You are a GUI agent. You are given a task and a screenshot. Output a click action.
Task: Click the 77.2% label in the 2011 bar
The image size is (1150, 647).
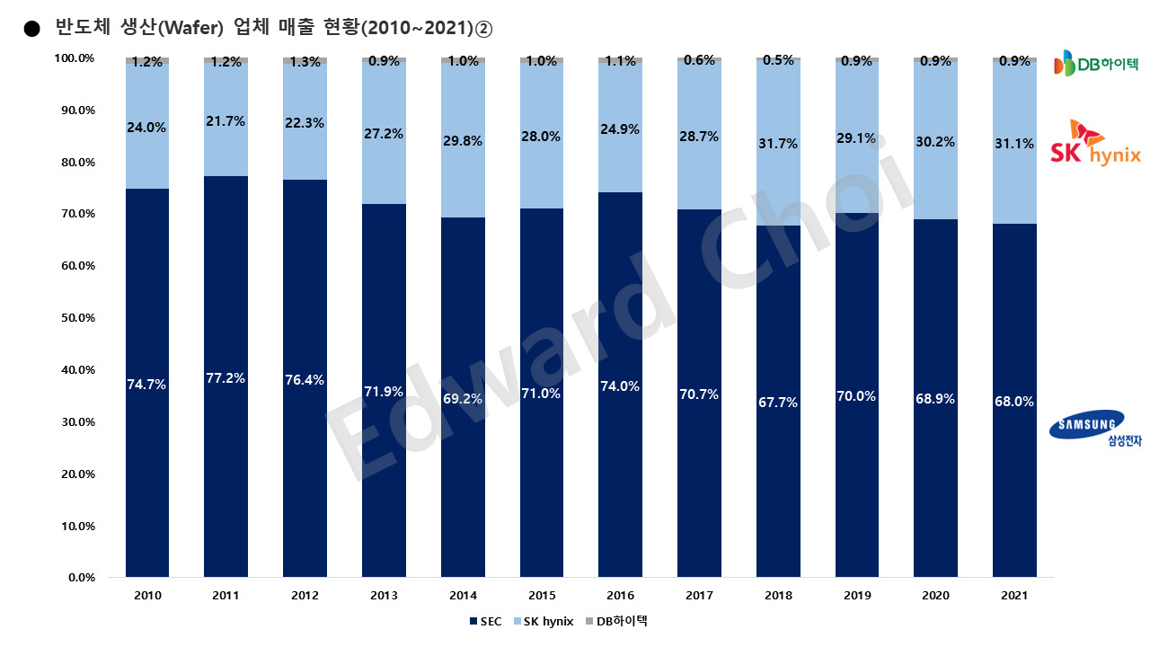tap(226, 378)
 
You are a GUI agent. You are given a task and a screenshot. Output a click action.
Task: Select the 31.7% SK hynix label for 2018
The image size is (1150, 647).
tap(777, 144)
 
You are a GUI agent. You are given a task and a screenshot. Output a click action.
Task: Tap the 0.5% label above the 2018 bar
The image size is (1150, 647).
tap(777, 60)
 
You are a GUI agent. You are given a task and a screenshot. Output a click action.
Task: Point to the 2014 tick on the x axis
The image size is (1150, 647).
tap(462, 596)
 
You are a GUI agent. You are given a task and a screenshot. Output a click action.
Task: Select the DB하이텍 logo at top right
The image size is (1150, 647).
tap(1094, 63)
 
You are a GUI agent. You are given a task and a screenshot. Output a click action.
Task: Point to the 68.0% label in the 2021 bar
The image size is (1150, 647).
tap(1014, 402)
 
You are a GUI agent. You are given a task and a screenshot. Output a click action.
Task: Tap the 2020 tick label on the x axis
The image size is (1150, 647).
tap(935, 596)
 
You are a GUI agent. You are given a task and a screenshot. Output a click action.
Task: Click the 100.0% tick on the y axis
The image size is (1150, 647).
tap(75, 58)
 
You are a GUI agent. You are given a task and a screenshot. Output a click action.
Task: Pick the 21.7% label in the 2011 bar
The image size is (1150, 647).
tap(226, 120)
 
